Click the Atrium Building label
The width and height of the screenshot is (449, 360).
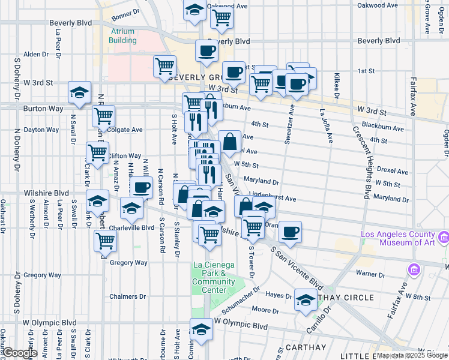(122, 36)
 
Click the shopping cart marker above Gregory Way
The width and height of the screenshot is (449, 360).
(106, 240)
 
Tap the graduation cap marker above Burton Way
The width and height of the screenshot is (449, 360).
(79, 92)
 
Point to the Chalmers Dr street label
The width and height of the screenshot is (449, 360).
(127, 296)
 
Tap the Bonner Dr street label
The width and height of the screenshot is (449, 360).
(125, 12)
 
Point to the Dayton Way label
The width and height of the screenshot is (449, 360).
(41, 129)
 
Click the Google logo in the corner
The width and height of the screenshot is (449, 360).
(20, 353)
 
